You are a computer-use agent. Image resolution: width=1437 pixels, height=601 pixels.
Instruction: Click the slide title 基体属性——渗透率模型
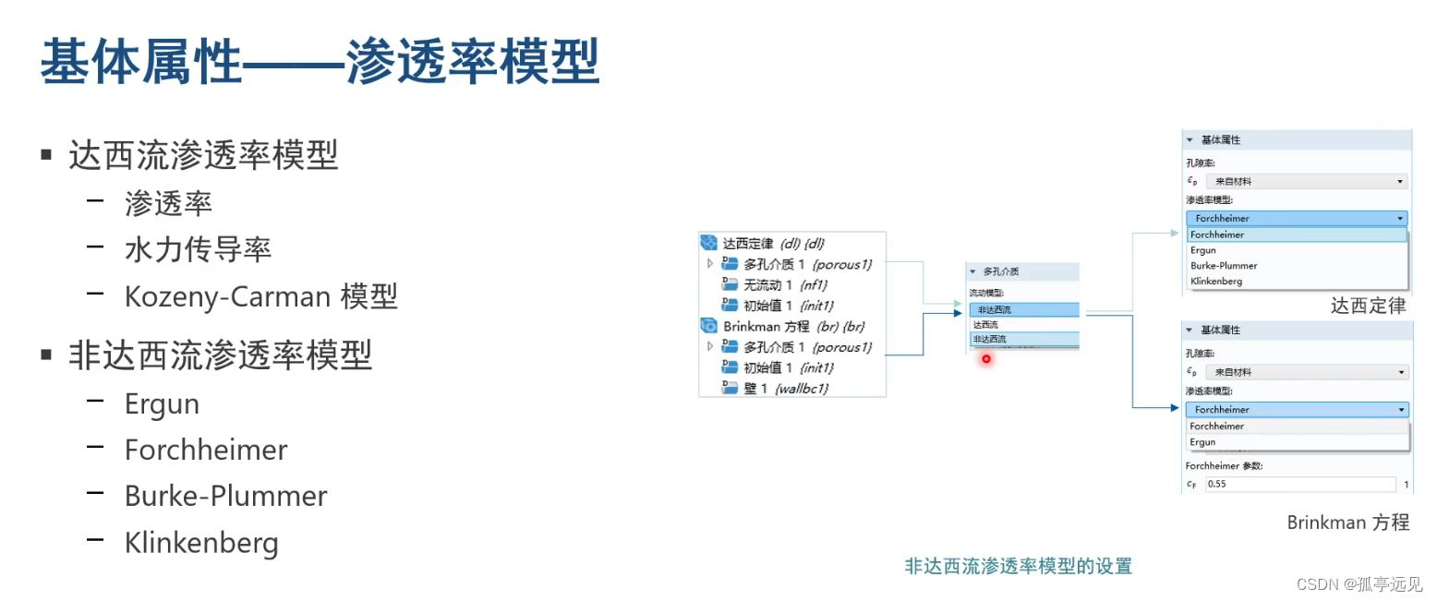pyautogui.click(x=320, y=63)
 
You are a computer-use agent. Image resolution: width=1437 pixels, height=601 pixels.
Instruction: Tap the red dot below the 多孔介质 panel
pyautogui.click(x=986, y=358)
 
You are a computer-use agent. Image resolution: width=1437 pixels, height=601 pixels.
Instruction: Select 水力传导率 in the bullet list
pyautogui.click(x=198, y=249)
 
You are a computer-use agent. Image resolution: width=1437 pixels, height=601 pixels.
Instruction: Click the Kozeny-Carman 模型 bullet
pyautogui.click(x=261, y=296)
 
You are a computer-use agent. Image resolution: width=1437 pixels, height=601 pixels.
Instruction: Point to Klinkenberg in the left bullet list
pyautogui.click(x=201, y=543)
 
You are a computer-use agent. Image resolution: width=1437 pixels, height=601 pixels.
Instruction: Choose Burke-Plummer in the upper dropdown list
pyautogui.click(x=1224, y=266)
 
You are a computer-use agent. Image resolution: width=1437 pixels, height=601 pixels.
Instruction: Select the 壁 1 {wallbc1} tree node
pyautogui.click(x=785, y=389)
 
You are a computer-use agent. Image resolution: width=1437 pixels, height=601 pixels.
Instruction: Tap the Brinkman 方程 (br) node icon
pyautogui.click(x=709, y=326)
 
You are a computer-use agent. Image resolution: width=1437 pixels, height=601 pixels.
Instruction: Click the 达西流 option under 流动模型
pyautogui.click(x=985, y=325)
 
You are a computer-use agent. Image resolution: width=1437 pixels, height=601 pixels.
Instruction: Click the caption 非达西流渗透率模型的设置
pyautogui.click(x=1018, y=566)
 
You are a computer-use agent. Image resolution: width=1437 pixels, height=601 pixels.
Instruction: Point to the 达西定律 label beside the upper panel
pyautogui.click(x=1368, y=306)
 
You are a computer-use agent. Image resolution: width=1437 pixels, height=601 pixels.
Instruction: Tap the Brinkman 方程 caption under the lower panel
pyautogui.click(x=1348, y=523)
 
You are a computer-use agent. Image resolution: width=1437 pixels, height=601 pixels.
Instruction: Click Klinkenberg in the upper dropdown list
pyautogui.click(x=1216, y=281)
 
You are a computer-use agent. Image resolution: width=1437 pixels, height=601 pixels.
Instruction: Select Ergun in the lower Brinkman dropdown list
pyautogui.click(x=1202, y=442)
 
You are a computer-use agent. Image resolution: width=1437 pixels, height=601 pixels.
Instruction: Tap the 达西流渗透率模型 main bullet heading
pyautogui.click(x=203, y=156)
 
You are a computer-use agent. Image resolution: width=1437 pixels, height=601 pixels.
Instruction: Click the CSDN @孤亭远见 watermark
pyautogui.click(x=1359, y=583)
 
